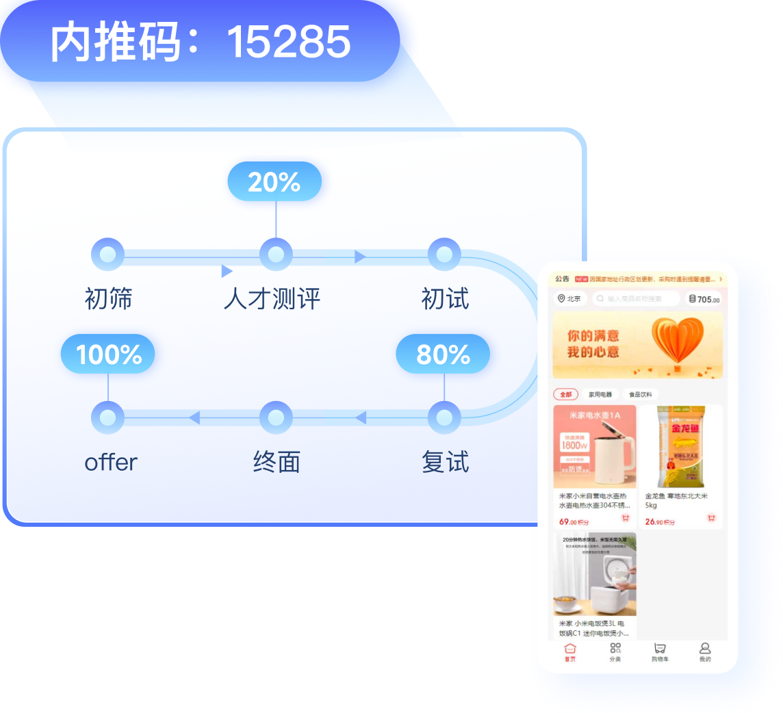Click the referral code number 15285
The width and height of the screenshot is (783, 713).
tap(288, 42)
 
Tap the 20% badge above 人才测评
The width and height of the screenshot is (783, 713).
tap(274, 182)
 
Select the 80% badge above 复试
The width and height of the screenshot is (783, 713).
tap(443, 354)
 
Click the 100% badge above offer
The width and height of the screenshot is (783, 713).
tap(108, 354)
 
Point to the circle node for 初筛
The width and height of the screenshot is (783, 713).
tap(107, 255)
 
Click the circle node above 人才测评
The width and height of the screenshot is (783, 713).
tap(276, 255)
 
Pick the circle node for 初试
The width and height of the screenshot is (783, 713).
tap(444, 255)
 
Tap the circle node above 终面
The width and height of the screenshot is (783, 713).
tap(276, 417)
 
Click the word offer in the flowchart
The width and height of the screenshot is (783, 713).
tap(111, 463)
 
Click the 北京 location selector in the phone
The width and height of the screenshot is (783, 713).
tap(569, 299)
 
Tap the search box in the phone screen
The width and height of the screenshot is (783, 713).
tap(636, 299)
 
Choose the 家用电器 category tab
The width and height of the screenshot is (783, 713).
tap(600, 395)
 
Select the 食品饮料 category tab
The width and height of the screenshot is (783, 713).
tap(641, 395)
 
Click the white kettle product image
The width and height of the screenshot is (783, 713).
tap(595, 446)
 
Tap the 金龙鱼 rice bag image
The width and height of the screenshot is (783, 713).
tap(681, 446)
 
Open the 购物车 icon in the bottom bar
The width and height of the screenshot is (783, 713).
tap(660, 652)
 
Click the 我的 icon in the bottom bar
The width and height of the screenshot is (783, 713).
tap(705, 652)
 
